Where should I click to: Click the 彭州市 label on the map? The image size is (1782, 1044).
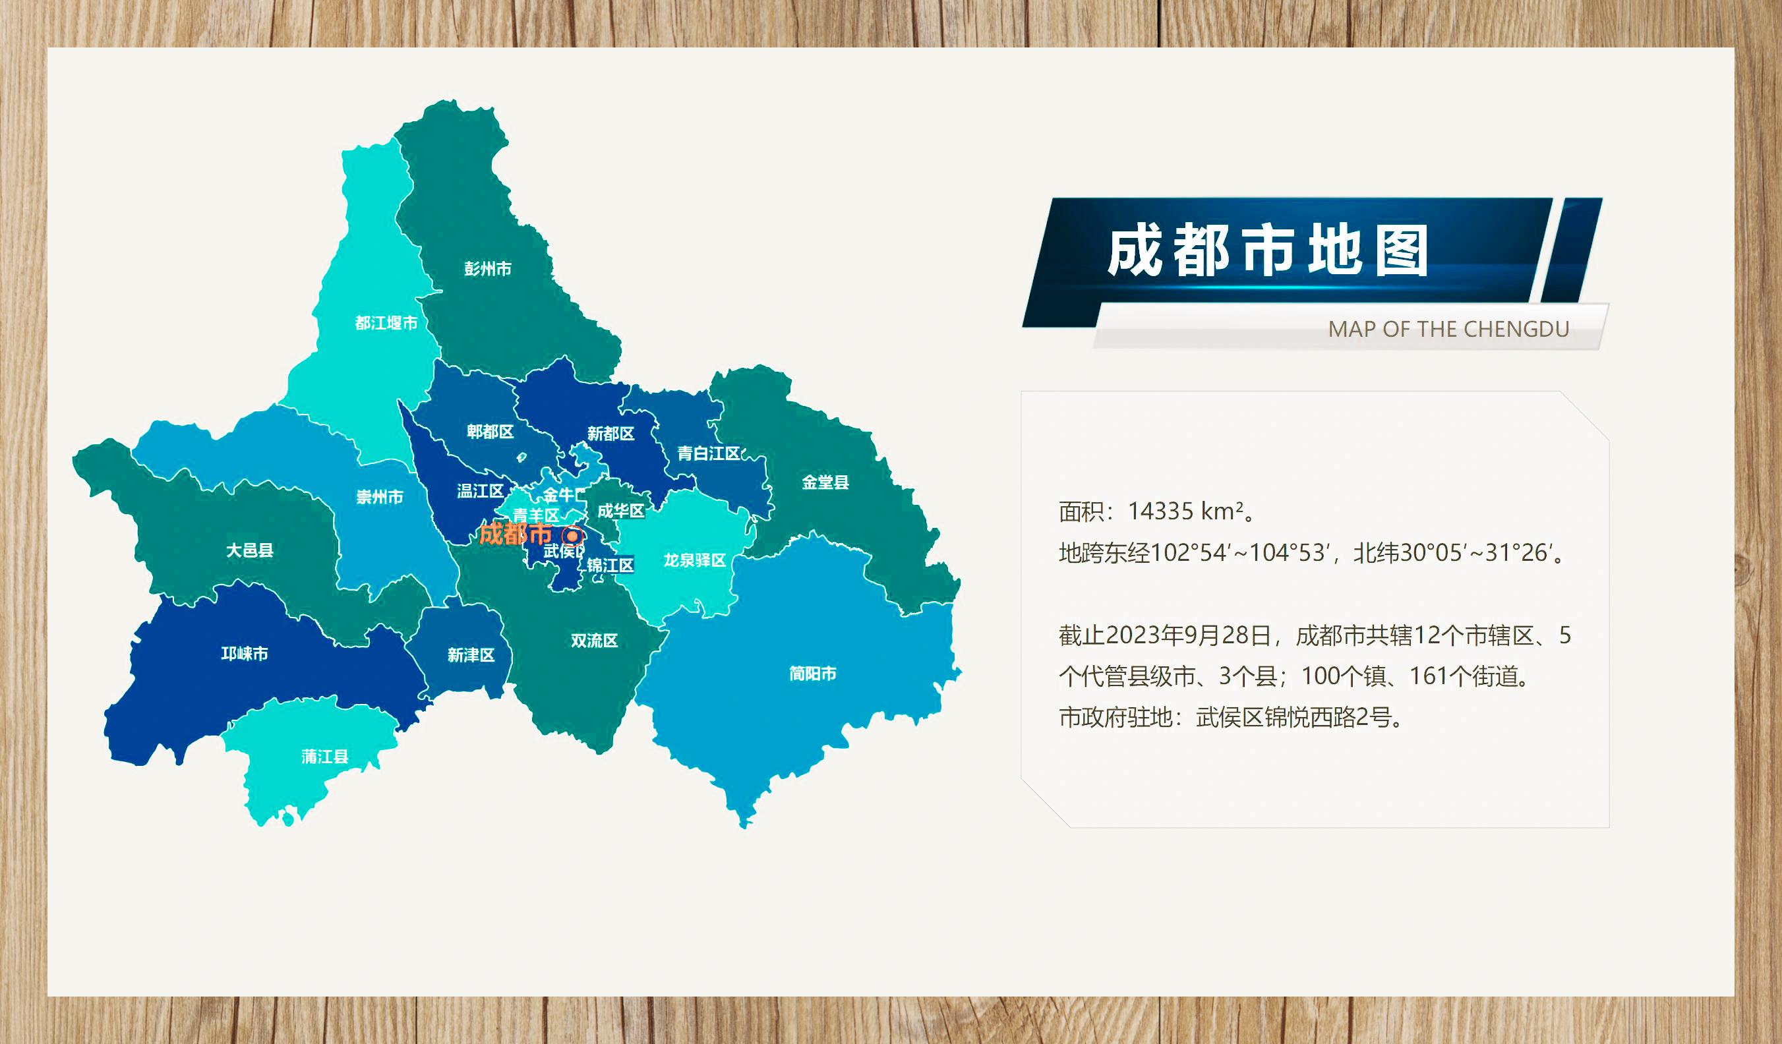pyautogui.click(x=487, y=269)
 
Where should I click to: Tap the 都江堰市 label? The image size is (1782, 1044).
pyautogui.click(x=386, y=323)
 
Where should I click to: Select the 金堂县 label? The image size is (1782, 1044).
pyautogui.click(x=825, y=482)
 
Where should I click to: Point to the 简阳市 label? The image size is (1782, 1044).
pyautogui.click(x=812, y=674)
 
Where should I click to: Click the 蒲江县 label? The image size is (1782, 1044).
pyautogui.click(x=324, y=757)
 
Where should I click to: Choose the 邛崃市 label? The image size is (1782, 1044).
pyautogui.click(x=245, y=653)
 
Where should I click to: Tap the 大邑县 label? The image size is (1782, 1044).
pyautogui.click(x=250, y=550)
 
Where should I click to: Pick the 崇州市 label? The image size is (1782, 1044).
pyautogui.click(x=380, y=497)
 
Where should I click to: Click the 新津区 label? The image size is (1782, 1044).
pyautogui.click(x=471, y=655)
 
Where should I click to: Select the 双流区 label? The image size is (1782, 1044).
pyautogui.click(x=594, y=641)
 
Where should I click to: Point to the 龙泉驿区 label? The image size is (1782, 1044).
pyautogui.click(x=694, y=560)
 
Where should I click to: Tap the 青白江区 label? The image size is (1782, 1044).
pyautogui.click(x=709, y=453)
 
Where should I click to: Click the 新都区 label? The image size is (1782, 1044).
pyautogui.click(x=611, y=433)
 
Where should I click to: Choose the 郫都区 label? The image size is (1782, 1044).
pyautogui.click(x=490, y=431)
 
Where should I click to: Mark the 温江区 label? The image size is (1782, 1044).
pyautogui.click(x=480, y=490)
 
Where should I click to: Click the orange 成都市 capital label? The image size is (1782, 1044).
pyautogui.click(x=516, y=534)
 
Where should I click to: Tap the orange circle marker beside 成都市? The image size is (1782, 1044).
pyautogui.click(x=573, y=535)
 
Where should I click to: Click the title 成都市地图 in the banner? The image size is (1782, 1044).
pyautogui.click(x=1267, y=252)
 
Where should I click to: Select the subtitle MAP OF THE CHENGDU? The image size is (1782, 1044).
pyautogui.click(x=1448, y=330)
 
